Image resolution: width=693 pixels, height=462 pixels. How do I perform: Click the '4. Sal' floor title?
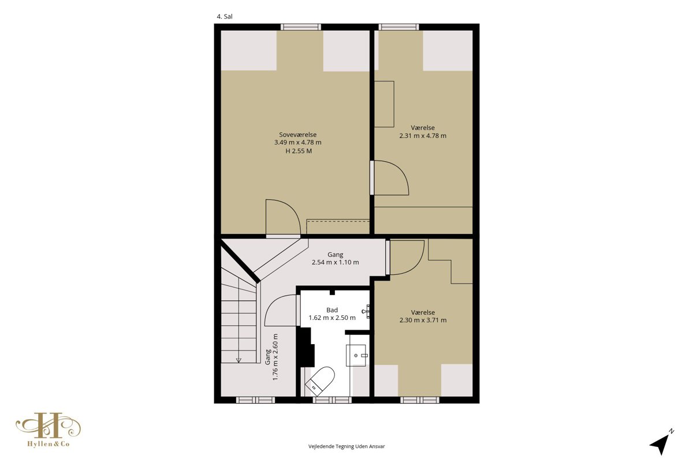tap(224, 17)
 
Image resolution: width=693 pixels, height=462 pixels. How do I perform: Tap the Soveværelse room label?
tap(297, 135)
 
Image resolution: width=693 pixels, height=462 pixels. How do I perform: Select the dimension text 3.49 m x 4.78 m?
tap(297, 142)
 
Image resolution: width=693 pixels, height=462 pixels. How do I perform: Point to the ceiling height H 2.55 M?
tap(299, 151)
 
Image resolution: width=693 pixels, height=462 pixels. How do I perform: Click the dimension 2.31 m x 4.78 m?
tap(423, 136)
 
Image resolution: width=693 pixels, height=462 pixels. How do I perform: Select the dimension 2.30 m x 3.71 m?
tap(423, 320)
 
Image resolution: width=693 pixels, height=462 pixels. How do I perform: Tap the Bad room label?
tap(332, 310)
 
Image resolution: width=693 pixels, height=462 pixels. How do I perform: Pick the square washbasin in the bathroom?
tap(356, 356)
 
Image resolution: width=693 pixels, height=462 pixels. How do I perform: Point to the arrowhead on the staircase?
tap(239, 360)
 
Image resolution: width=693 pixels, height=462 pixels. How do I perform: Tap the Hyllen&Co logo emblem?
tap(48, 426)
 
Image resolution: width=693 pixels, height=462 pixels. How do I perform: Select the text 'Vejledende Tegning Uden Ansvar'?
tap(346, 446)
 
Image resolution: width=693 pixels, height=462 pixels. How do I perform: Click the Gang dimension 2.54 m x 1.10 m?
tap(336, 262)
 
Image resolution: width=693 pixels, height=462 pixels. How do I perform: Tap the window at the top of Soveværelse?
tap(301, 27)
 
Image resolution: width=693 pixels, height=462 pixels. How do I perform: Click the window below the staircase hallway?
tap(255, 400)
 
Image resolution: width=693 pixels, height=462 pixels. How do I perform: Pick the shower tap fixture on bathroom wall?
tap(366, 311)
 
